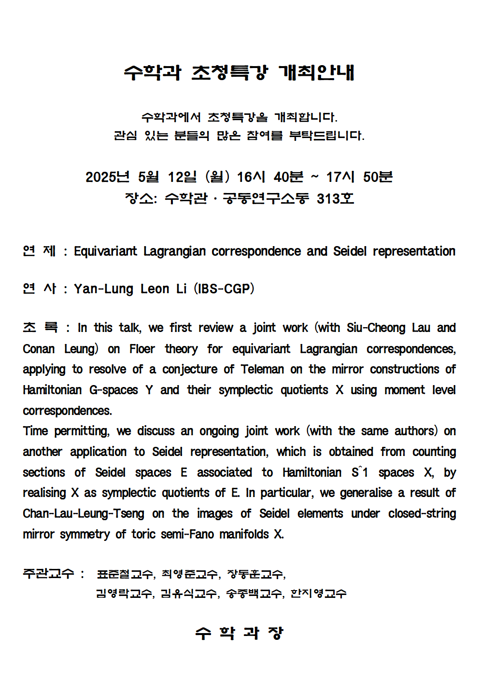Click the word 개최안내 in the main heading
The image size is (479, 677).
point(316,73)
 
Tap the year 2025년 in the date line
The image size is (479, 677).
point(107,177)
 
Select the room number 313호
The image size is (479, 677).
point(335,198)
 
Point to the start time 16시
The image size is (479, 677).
point(251,177)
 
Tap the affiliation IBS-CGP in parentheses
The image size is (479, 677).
point(224,289)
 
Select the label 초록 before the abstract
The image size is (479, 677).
point(40,328)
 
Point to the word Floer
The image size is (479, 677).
point(142,349)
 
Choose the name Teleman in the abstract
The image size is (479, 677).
point(262,370)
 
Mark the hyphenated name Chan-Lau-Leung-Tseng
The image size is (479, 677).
point(84,513)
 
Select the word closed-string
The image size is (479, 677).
point(422,513)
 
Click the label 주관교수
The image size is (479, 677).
point(48,574)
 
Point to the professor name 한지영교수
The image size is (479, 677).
point(318,594)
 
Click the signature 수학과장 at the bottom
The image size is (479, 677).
point(239,633)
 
